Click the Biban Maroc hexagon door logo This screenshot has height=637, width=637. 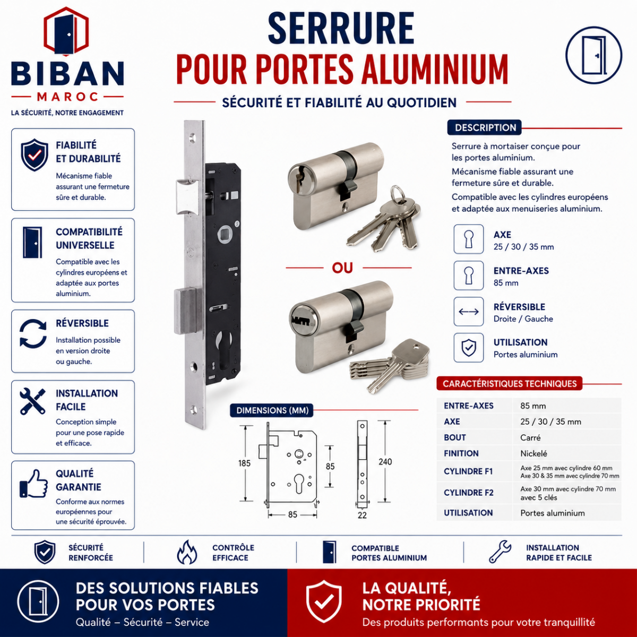[66, 31]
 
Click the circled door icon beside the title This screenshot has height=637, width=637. [593, 55]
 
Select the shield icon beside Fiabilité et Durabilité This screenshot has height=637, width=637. [35, 154]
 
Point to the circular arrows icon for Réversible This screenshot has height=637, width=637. [33, 333]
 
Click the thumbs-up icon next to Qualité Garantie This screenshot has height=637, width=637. [33, 484]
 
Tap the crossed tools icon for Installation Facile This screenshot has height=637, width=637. [32, 401]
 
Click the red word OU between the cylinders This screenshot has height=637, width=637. [342, 268]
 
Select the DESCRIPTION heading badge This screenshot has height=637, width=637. [485, 127]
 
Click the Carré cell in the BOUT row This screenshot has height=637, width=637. [530, 437]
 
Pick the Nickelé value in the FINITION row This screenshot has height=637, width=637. [533, 453]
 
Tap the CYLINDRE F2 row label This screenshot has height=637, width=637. [468, 493]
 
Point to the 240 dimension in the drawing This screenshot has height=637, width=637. [385, 462]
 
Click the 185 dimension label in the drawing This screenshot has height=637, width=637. [244, 463]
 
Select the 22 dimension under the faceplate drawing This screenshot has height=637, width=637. [362, 515]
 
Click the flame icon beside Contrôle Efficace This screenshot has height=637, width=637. [187, 553]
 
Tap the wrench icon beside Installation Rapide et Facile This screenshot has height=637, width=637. [500, 552]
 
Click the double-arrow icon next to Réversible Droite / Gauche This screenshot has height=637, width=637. [468, 312]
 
